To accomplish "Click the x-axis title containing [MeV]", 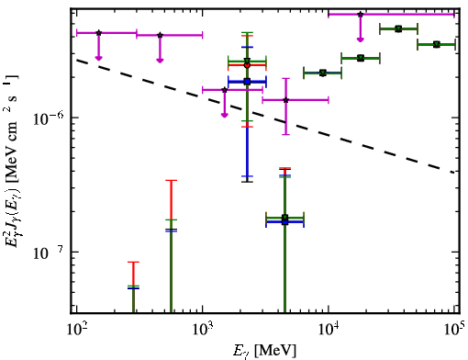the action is [264, 351].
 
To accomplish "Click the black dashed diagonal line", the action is [265, 117].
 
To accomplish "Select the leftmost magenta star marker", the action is [98, 33].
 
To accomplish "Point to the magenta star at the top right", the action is [361, 14].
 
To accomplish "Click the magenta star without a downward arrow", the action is [285, 100].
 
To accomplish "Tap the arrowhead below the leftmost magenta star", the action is [98, 58].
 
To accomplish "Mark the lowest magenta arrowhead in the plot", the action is [225, 115].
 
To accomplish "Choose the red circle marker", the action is [247, 65].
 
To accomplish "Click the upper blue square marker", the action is [247, 82].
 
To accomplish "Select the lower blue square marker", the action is [284, 221].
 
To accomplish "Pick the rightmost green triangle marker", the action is [437, 44].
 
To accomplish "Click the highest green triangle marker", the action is [398, 28].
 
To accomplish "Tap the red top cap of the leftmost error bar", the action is [133, 262].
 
